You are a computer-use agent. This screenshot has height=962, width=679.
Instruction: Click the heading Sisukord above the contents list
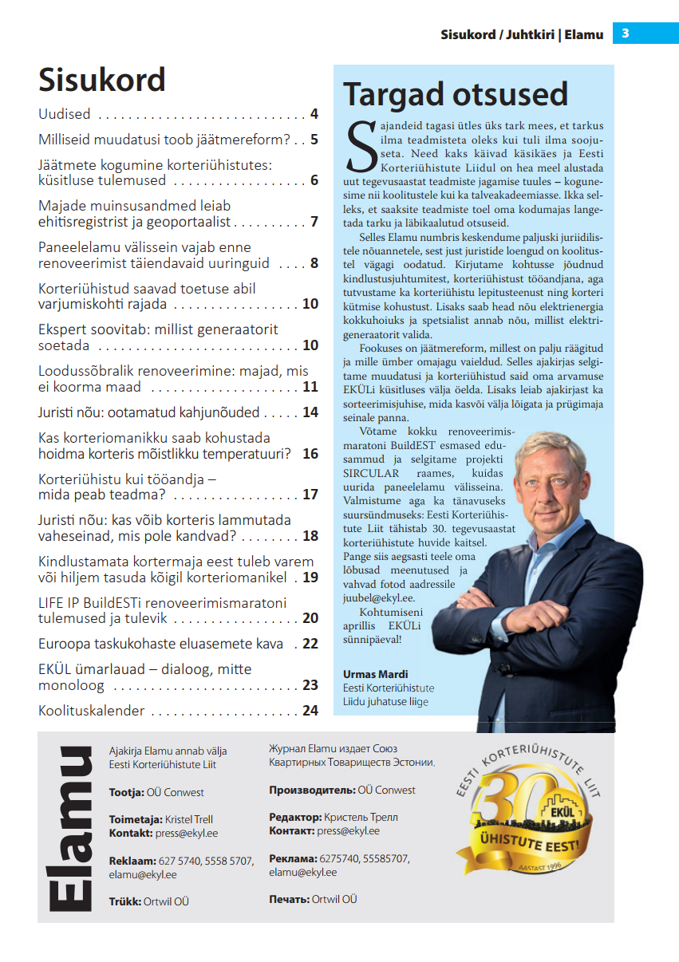(102, 80)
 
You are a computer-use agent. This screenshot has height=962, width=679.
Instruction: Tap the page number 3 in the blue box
(626, 34)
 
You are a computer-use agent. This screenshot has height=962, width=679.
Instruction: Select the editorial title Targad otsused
(455, 95)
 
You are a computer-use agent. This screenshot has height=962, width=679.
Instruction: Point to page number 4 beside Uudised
(314, 114)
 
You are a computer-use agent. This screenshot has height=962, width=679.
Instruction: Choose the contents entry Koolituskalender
(92, 711)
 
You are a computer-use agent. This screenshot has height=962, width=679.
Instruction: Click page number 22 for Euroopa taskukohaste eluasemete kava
(310, 644)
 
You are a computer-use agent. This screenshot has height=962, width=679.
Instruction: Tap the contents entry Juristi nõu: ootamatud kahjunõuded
(149, 412)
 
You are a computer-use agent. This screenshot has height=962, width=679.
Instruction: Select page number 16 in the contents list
(310, 454)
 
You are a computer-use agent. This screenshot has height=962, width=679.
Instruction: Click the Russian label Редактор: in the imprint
(296, 817)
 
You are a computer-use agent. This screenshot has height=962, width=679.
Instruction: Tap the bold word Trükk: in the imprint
(125, 901)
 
